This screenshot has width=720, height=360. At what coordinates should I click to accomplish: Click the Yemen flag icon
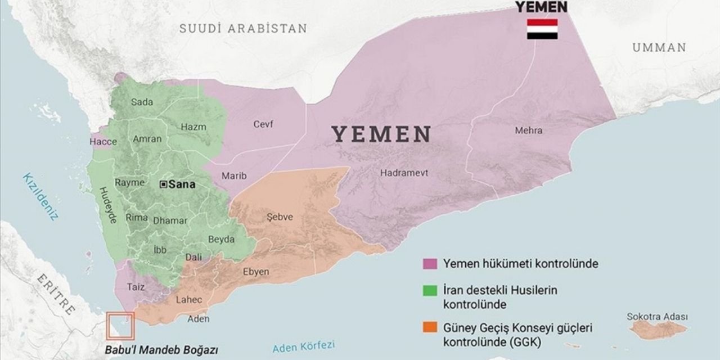pos(542,29)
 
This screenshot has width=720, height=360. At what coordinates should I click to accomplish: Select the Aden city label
pos(199,319)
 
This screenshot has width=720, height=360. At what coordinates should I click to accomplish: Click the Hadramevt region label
pos(403,173)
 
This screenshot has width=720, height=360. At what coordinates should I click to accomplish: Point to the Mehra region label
pos(529,130)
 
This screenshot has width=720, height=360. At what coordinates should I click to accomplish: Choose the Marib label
pos(234,176)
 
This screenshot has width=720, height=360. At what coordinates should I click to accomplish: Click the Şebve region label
pos(280,217)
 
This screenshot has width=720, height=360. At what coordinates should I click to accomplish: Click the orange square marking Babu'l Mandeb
pos(121,326)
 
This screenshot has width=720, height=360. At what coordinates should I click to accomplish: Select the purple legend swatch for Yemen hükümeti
pos(430,263)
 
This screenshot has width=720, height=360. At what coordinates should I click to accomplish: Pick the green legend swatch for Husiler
pos(430,291)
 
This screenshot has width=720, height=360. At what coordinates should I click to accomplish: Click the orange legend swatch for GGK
pos(430,327)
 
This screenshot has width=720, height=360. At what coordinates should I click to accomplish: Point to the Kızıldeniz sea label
pos(40,197)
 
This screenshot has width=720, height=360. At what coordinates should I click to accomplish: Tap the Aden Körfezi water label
pos(303,346)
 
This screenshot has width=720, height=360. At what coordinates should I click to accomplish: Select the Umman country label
pos(659,48)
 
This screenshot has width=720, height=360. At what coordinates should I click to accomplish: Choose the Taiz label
pos(136,287)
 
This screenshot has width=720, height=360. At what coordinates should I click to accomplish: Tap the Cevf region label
pos(263,125)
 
